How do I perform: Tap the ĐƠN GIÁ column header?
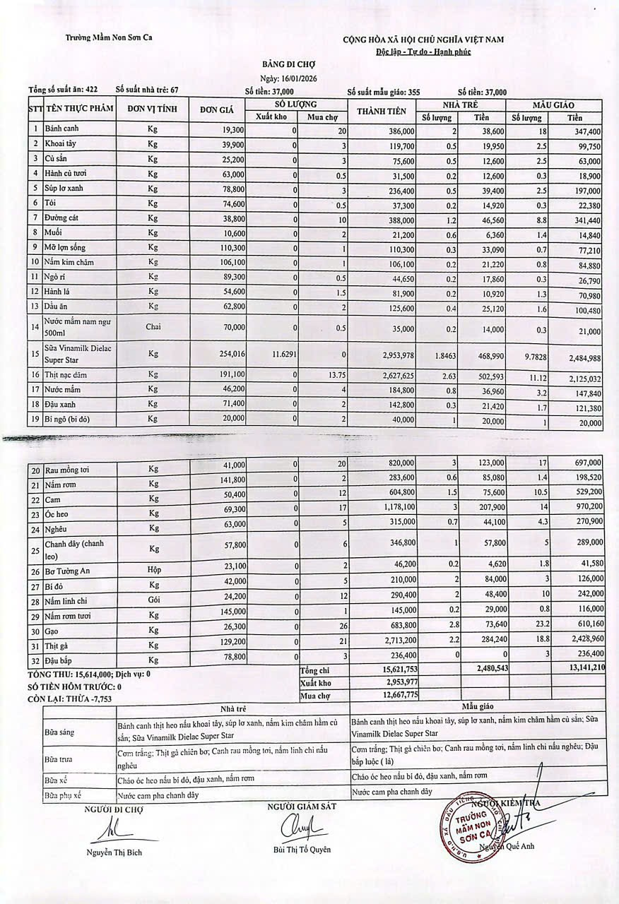(217, 109)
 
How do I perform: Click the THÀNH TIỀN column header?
(382, 110)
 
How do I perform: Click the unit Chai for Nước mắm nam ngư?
(153, 327)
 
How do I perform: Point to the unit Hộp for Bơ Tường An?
(153, 571)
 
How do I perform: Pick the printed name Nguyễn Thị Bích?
(114, 852)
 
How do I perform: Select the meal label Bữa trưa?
(59, 759)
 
